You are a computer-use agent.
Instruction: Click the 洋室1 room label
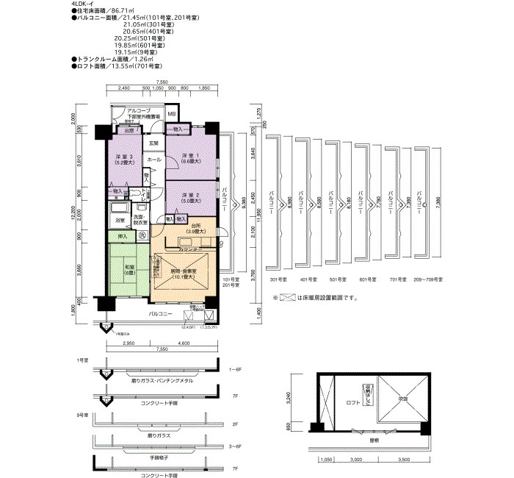pyautogui.click(x=190, y=155)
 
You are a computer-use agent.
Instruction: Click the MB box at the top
pyautogui.click(x=171, y=114)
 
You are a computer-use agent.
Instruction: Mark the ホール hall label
pyautogui.click(x=154, y=160)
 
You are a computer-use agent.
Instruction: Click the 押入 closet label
pyautogui.click(x=123, y=236)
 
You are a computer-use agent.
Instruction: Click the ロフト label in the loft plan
pyautogui.click(x=354, y=403)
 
